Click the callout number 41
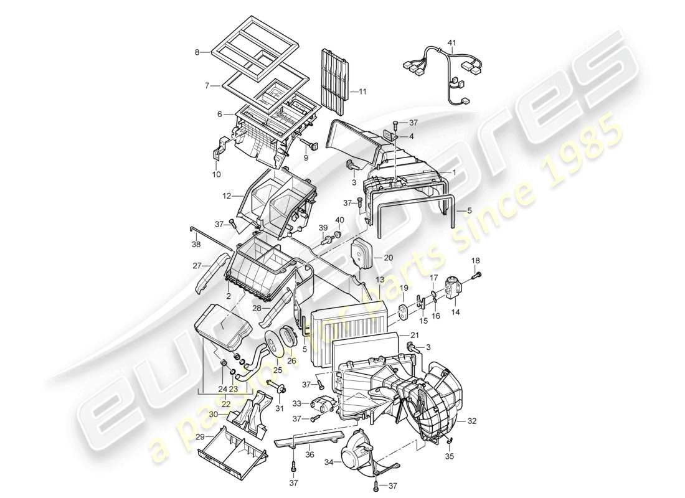pyautogui.click(x=451, y=43)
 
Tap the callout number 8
pyautogui.click(x=197, y=53)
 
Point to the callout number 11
pyautogui.click(x=363, y=92)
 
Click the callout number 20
pyautogui.click(x=388, y=257)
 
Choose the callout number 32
pyautogui.click(x=471, y=421)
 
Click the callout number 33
pyautogui.click(x=296, y=403)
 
